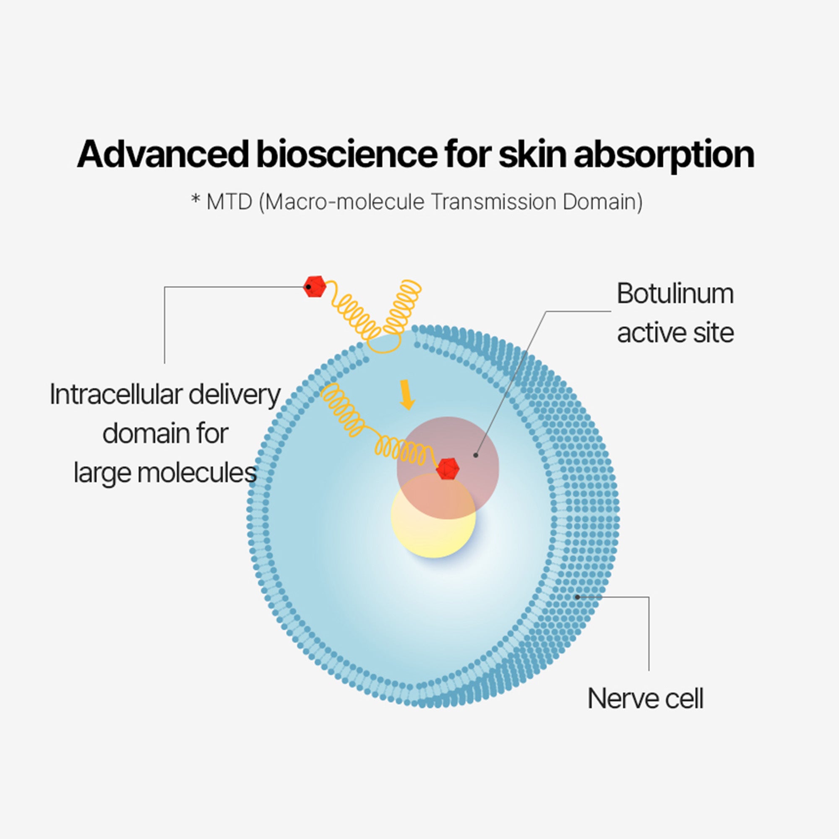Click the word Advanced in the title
(163, 155)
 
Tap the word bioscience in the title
(346, 155)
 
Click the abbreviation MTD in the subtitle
(229, 202)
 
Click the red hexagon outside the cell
(314, 287)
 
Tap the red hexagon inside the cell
(447, 469)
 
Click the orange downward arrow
(406, 394)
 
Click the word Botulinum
(675, 294)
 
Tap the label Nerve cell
(645, 699)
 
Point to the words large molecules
(165, 472)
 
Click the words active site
(675, 333)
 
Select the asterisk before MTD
(196, 201)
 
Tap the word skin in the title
(532, 155)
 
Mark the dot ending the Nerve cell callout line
(577, 597)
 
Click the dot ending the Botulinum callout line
(476, 455)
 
